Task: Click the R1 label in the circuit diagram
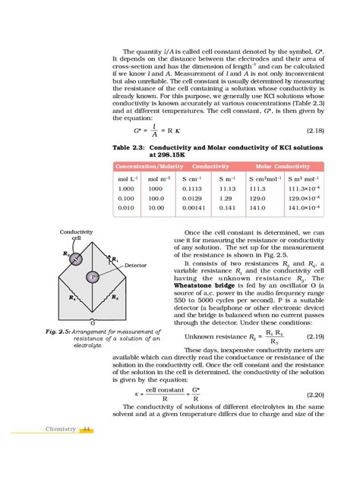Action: [x=115, y=260]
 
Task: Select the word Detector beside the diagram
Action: [x=135, y=266]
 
